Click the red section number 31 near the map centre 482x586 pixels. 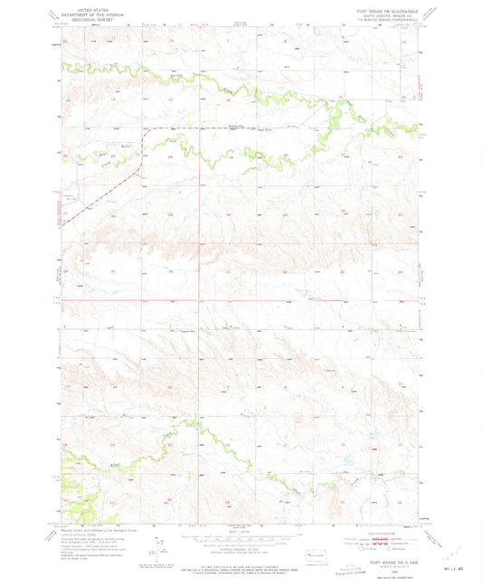[x=226, y=270]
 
